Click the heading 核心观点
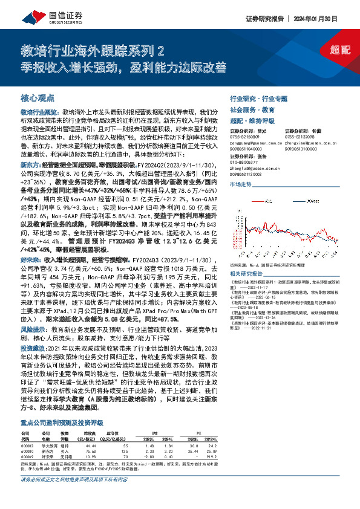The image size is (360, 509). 38,97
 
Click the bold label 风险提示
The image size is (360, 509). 34,330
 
